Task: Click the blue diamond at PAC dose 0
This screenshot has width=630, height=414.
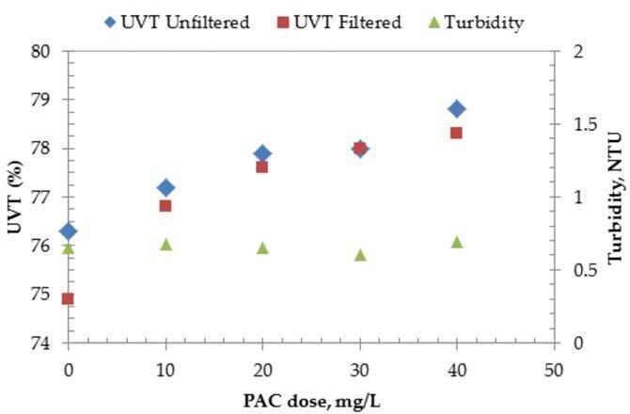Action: coord(68,231)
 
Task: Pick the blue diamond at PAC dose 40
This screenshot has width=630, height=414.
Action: coord(457,109)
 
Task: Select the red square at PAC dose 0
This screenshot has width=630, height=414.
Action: coord(68,298)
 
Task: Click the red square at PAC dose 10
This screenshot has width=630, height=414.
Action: coord(165,205)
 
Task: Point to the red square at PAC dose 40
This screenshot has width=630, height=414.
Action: coord(457,133)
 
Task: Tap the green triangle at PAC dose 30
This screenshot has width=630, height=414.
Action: coord(360,255)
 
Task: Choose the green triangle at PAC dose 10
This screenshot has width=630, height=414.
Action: coord(165,244)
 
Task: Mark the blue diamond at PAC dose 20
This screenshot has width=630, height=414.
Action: coord(262,153)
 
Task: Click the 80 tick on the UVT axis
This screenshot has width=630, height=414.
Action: coord(41,51)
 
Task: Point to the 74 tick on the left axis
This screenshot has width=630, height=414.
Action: coord(41,343)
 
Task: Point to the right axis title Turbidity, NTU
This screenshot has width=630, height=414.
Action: coord(616,197)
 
